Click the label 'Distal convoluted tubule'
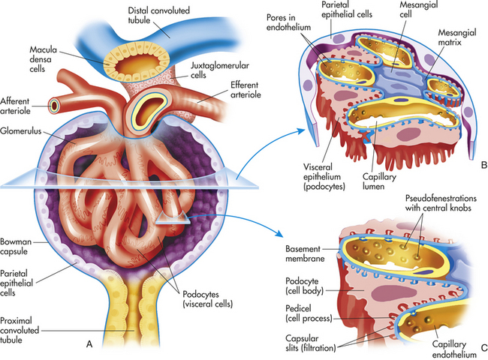tap(158, 15)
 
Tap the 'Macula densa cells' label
tap(44, 59)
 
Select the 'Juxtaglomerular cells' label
tap(220, 70)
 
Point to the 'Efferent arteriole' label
tap(246, 89)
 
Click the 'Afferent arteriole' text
tap(15, 106)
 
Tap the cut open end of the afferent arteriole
tap(54, 106)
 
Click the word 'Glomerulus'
tap(20, 131)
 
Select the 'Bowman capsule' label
tap(16, 246)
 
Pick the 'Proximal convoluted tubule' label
tap(20, 330)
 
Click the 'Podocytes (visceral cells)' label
tap(207, 298)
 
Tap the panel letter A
tap(89, 344)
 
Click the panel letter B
tap(484, 164)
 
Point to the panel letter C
tap(484, 347)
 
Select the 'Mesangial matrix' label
tap(457, 37)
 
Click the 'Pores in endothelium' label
tap(288, 22)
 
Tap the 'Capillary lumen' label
tap(379, 181)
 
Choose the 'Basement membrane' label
tap(305, 253)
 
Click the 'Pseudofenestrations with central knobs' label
tap(441, 202)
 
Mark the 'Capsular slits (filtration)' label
tap(311, 343)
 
